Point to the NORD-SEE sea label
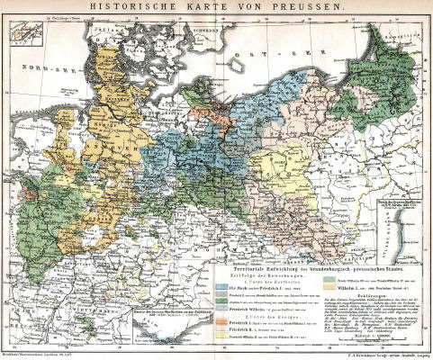click(41, 65)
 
